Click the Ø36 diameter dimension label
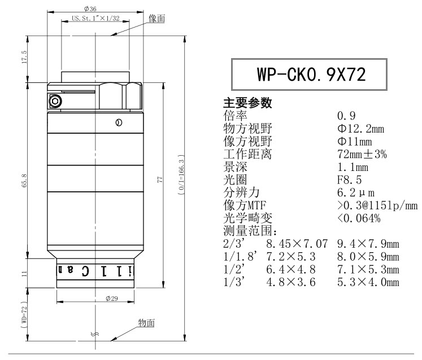pos(90,9)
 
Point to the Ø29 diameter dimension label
pos(112,298)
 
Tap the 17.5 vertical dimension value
pos(24,57)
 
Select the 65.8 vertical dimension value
pos(24,181)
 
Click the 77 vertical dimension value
pos(160,179)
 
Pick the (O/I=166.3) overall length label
pos(181,175)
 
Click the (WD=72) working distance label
pos(24,314)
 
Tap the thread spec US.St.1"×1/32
pos(95,18)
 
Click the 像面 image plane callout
pos(156,19)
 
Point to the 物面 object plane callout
pos(146,323)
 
